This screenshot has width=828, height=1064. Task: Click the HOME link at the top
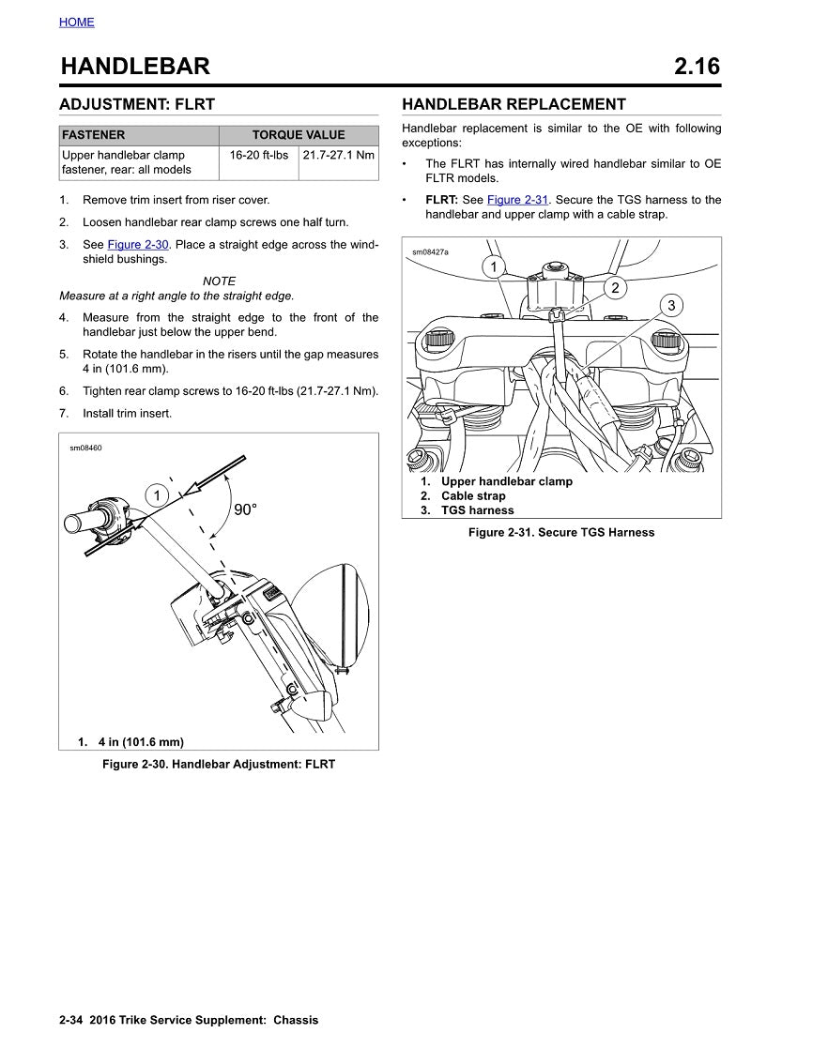coord(76,22)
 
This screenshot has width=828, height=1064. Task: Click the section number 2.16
coord(697,67)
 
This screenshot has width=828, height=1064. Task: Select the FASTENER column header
coord(93,135)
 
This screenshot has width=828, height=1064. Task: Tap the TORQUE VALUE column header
coord(299,135)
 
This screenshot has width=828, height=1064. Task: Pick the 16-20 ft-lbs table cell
coord(259,155)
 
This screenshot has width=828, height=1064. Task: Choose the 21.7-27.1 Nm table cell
coord(338,155)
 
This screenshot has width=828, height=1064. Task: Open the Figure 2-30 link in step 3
coord(138,245)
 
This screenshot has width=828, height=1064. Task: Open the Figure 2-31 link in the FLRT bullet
coord(517,200)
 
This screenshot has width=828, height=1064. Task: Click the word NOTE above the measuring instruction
coord(219,281)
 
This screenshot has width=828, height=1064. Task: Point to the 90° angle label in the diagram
coord(245,509)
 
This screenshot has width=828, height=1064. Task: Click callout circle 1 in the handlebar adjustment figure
coord(157,494)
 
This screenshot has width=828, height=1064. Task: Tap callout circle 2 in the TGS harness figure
coord(615,288)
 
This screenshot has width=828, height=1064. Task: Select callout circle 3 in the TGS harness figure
coord(671,306)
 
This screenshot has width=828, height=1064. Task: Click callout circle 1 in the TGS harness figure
coord(494,267)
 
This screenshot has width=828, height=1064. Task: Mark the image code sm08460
coord(85,448)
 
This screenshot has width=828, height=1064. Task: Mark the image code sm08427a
coord(431,252)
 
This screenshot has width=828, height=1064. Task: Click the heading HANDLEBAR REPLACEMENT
coord(514,104)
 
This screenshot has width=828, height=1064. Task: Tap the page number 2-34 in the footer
coord(71,1020)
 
